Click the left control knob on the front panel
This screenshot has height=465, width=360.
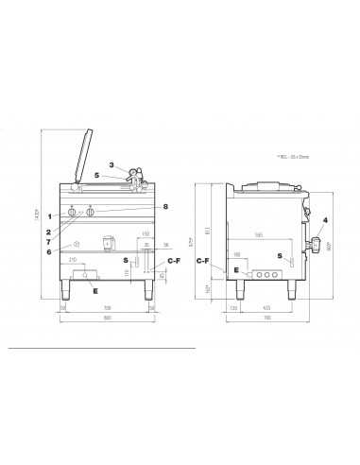[73, 211]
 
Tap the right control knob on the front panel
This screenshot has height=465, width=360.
[91, 211]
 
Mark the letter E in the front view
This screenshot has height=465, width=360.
[94, 291]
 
